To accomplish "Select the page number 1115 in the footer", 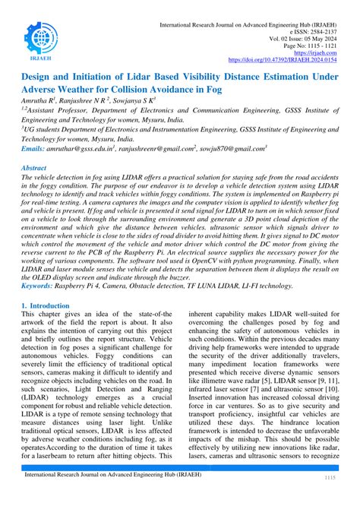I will click(330, 500).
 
